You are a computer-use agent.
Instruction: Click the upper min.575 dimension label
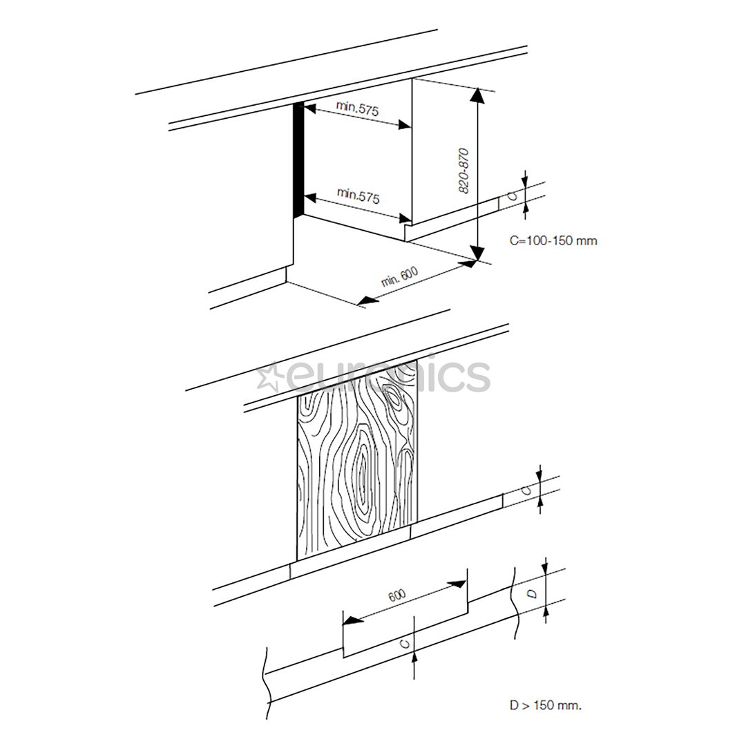coord(358,108)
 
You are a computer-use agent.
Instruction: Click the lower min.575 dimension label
coord(358,195)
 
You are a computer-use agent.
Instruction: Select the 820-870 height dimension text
coord(463,171)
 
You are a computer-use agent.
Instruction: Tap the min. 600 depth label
coord(400,276)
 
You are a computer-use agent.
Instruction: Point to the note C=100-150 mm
coord(553,240)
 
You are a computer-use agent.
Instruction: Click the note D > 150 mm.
coord(546,705)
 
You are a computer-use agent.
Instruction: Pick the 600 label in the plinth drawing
coord(397,595)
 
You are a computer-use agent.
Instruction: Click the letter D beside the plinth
coord(533,594)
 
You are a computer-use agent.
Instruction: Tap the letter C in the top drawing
coord(513,195)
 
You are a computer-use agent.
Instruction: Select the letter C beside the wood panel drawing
coord(526,490)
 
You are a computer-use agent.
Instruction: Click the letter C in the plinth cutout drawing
coord(404,644)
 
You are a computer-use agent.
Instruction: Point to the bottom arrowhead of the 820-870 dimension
coord(477,252)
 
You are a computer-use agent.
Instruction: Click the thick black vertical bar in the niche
coord(298,160)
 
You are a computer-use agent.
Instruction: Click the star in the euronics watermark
coord(268,376)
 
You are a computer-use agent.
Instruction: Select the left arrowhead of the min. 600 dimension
coord(366,300)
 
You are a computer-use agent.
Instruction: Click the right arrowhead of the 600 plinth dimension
coord(457,584)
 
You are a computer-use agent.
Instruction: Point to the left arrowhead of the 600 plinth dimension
coord(351,620)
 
